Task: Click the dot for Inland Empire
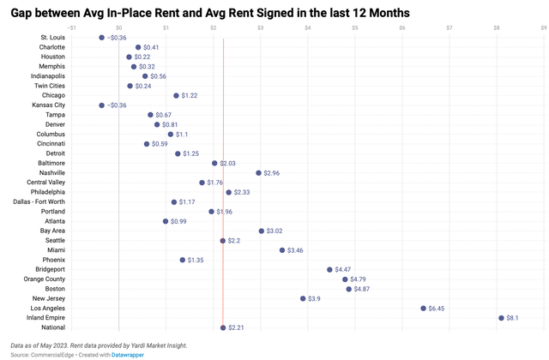click(502, 318)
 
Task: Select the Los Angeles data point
click(424, 308)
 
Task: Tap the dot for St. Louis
click(101, 38)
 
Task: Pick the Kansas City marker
click(101, 105)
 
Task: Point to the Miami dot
click(282, 250)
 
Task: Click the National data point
click(223, 327)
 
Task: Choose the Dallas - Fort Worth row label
click(39, 201)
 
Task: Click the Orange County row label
click(44, 279)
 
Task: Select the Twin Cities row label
click(48, 86)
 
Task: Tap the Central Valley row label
click(45, 183)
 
